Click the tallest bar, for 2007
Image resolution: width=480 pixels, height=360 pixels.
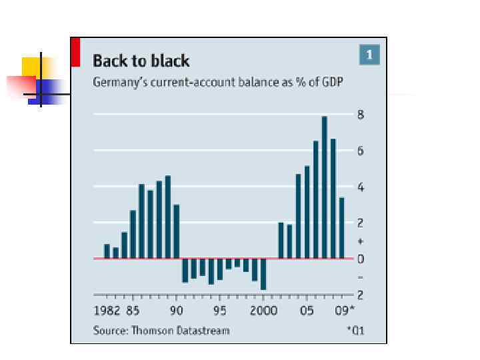[325, 187]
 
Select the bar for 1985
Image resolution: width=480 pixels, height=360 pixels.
[133, 234]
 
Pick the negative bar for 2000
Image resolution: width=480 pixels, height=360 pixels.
[263, 274]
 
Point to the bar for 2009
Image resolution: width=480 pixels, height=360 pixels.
[342, 228]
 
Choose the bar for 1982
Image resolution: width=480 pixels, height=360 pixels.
[107, 251]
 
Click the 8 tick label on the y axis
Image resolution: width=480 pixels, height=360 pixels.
[360, 115]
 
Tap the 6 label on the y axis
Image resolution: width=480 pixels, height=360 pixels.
[360, 151]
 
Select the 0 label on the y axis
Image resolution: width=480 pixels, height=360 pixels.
[360, 259]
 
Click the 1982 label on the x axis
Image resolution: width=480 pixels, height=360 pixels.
[107, 311]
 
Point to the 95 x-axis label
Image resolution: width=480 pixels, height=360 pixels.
[220, 311]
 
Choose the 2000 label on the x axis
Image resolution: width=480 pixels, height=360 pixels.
[263, 311]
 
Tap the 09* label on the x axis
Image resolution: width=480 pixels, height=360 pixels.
[344, 311]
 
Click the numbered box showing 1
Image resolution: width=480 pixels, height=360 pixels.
[369, 54]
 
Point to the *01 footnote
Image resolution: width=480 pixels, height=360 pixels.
[355, 331]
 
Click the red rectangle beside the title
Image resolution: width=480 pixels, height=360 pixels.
[75, 52]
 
